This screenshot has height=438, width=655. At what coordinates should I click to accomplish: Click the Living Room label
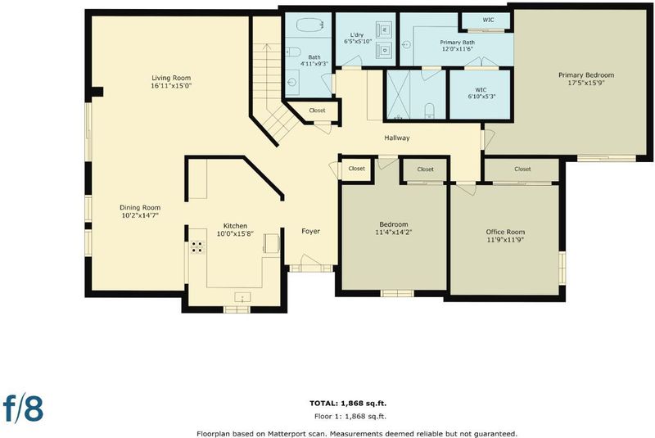[171, 78]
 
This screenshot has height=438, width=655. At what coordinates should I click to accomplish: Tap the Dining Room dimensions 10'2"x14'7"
[140, 215]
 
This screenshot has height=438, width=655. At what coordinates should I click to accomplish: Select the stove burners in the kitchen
[197, 246]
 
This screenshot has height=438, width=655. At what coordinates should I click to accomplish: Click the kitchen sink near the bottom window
[242, 297]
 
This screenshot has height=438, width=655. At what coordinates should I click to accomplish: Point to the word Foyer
[311, 231]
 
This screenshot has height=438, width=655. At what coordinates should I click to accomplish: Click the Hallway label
[397, 138]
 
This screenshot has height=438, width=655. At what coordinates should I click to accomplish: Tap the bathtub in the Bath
[309, 25]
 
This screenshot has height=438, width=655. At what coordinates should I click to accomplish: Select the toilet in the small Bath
[294, 52]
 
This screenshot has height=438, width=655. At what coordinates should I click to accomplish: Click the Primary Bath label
[457, 43]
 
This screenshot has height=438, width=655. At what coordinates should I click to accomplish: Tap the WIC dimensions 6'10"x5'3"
[481, 96]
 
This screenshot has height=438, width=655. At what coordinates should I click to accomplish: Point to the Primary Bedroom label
[586, 75]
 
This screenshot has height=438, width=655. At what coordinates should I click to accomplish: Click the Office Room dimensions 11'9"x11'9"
[505, 240]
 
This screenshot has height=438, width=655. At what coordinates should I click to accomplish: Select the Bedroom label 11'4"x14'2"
[394, 228]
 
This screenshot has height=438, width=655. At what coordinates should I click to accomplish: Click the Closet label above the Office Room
[522, 169]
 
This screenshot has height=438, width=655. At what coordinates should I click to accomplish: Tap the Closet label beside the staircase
[317, 111]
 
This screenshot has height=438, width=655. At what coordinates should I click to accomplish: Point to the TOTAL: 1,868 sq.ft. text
[348, 403]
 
